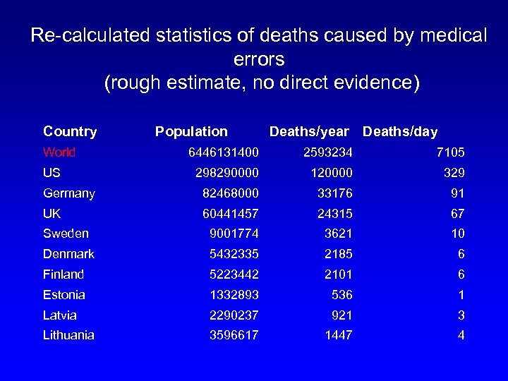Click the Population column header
(x=191, y=131)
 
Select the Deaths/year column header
(x=309, y=131)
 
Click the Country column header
(x=70, y=131)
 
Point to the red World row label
(x=59, y=152)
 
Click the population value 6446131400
(x=224, y=152)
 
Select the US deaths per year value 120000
(x=328, y=173)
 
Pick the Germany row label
(x=69, y=193)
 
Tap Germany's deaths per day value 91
(x=456, y=193)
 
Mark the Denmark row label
(x=68, y=254)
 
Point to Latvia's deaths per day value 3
(x=461, y=315)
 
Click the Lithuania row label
(x=68, y=335)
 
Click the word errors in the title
(x=258, y=59)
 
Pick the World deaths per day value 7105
(x=450, y=152)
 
